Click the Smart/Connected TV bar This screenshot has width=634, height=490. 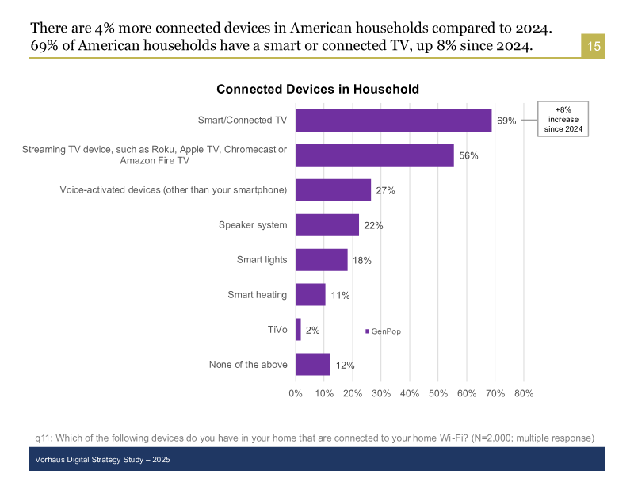tap(394, 121)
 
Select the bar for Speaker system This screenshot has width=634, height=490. tap(327, 225)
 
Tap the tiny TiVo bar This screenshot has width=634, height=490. tap(299, 329)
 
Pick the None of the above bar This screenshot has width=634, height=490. tap(313, 364)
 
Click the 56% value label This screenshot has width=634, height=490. tap(468, 155)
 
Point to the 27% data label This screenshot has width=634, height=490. tap(385, 190)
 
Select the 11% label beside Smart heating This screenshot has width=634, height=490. tap(340, 295)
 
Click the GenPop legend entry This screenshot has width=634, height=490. tap(384, 331)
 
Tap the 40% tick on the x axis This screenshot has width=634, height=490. tap(410, 393)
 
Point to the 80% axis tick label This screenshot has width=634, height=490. tap(524, 393)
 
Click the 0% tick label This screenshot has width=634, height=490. tap(296, 393)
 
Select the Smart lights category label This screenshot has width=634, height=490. tap(262, 260)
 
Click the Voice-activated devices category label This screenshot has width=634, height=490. tap(173, 190)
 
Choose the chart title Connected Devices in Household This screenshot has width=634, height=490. tap(318, 90)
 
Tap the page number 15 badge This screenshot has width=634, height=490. tap(594, 45)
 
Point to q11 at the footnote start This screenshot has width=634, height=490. tap(44, 438)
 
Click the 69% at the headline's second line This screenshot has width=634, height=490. tap(46, 46)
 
